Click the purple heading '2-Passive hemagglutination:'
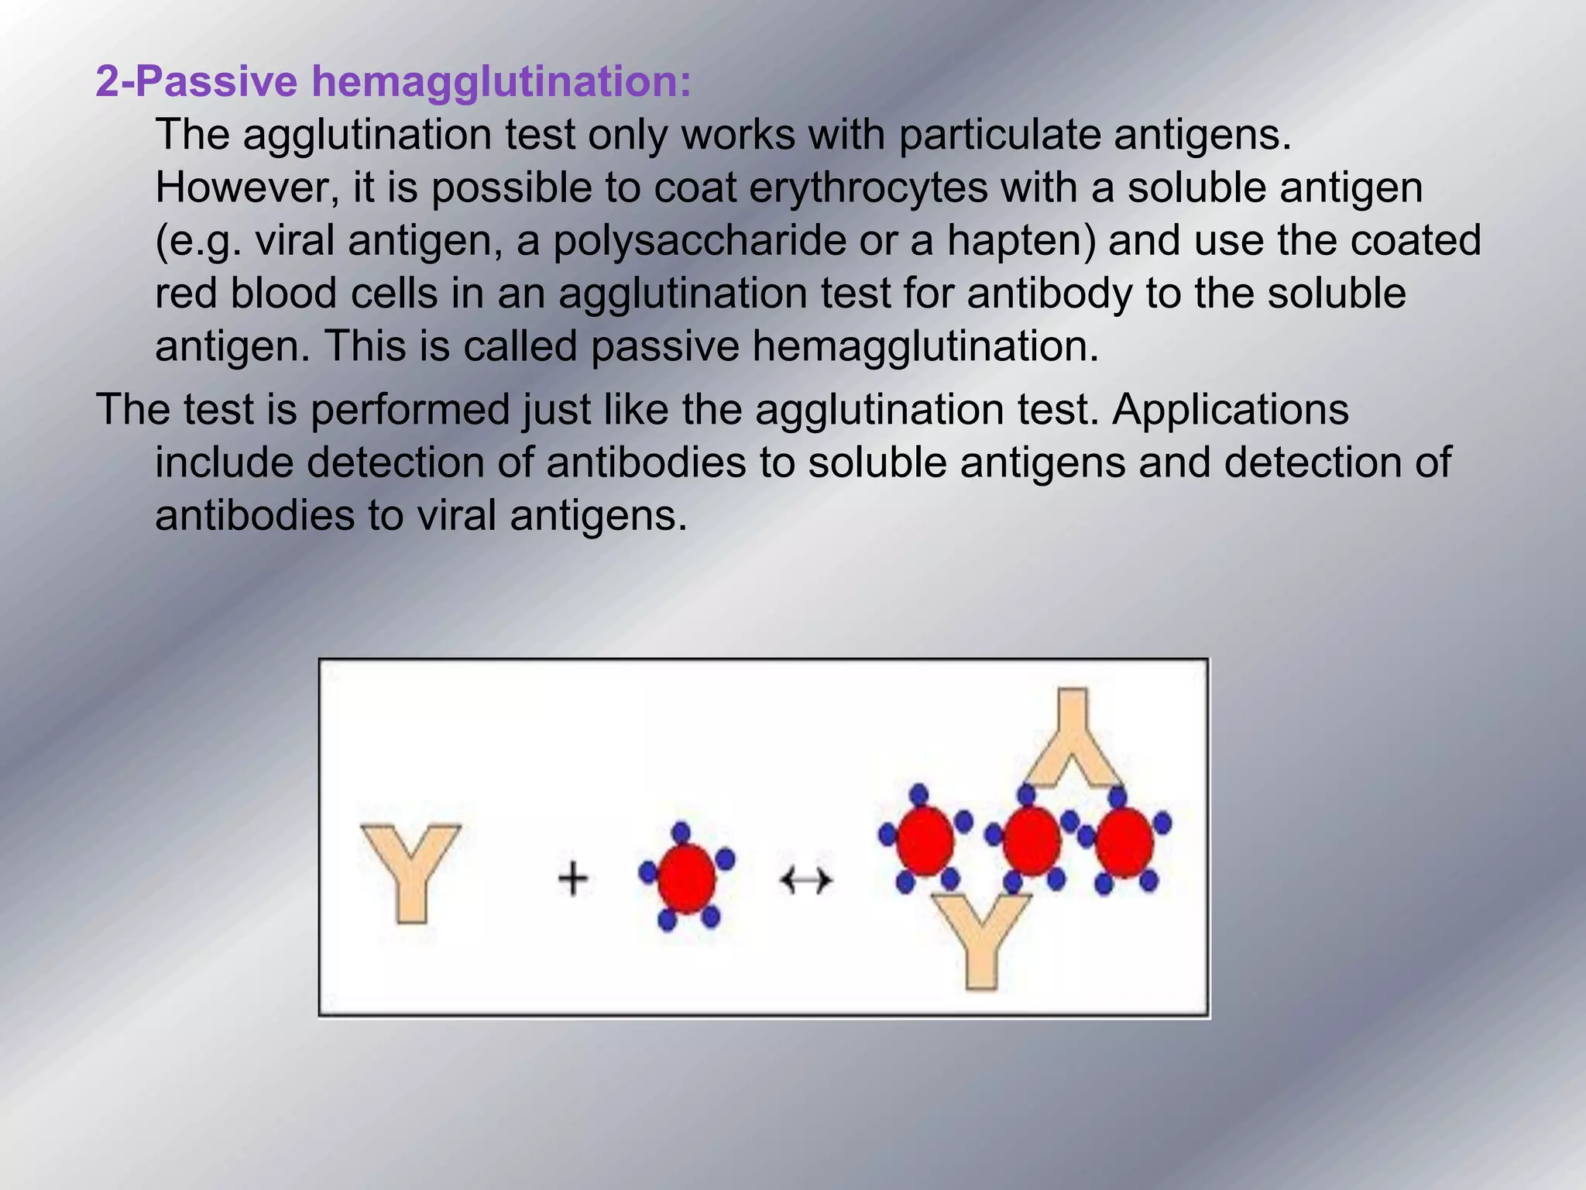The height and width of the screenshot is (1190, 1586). [393, 81]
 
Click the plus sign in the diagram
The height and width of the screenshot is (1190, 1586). [573, 880]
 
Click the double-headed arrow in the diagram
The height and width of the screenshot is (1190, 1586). [805, 880]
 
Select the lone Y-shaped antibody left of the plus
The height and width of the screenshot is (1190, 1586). [410, 872]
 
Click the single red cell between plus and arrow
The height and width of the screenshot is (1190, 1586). [686, 878]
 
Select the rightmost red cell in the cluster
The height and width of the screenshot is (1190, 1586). [1124, 842]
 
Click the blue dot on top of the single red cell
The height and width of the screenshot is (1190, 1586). [681, 833]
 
